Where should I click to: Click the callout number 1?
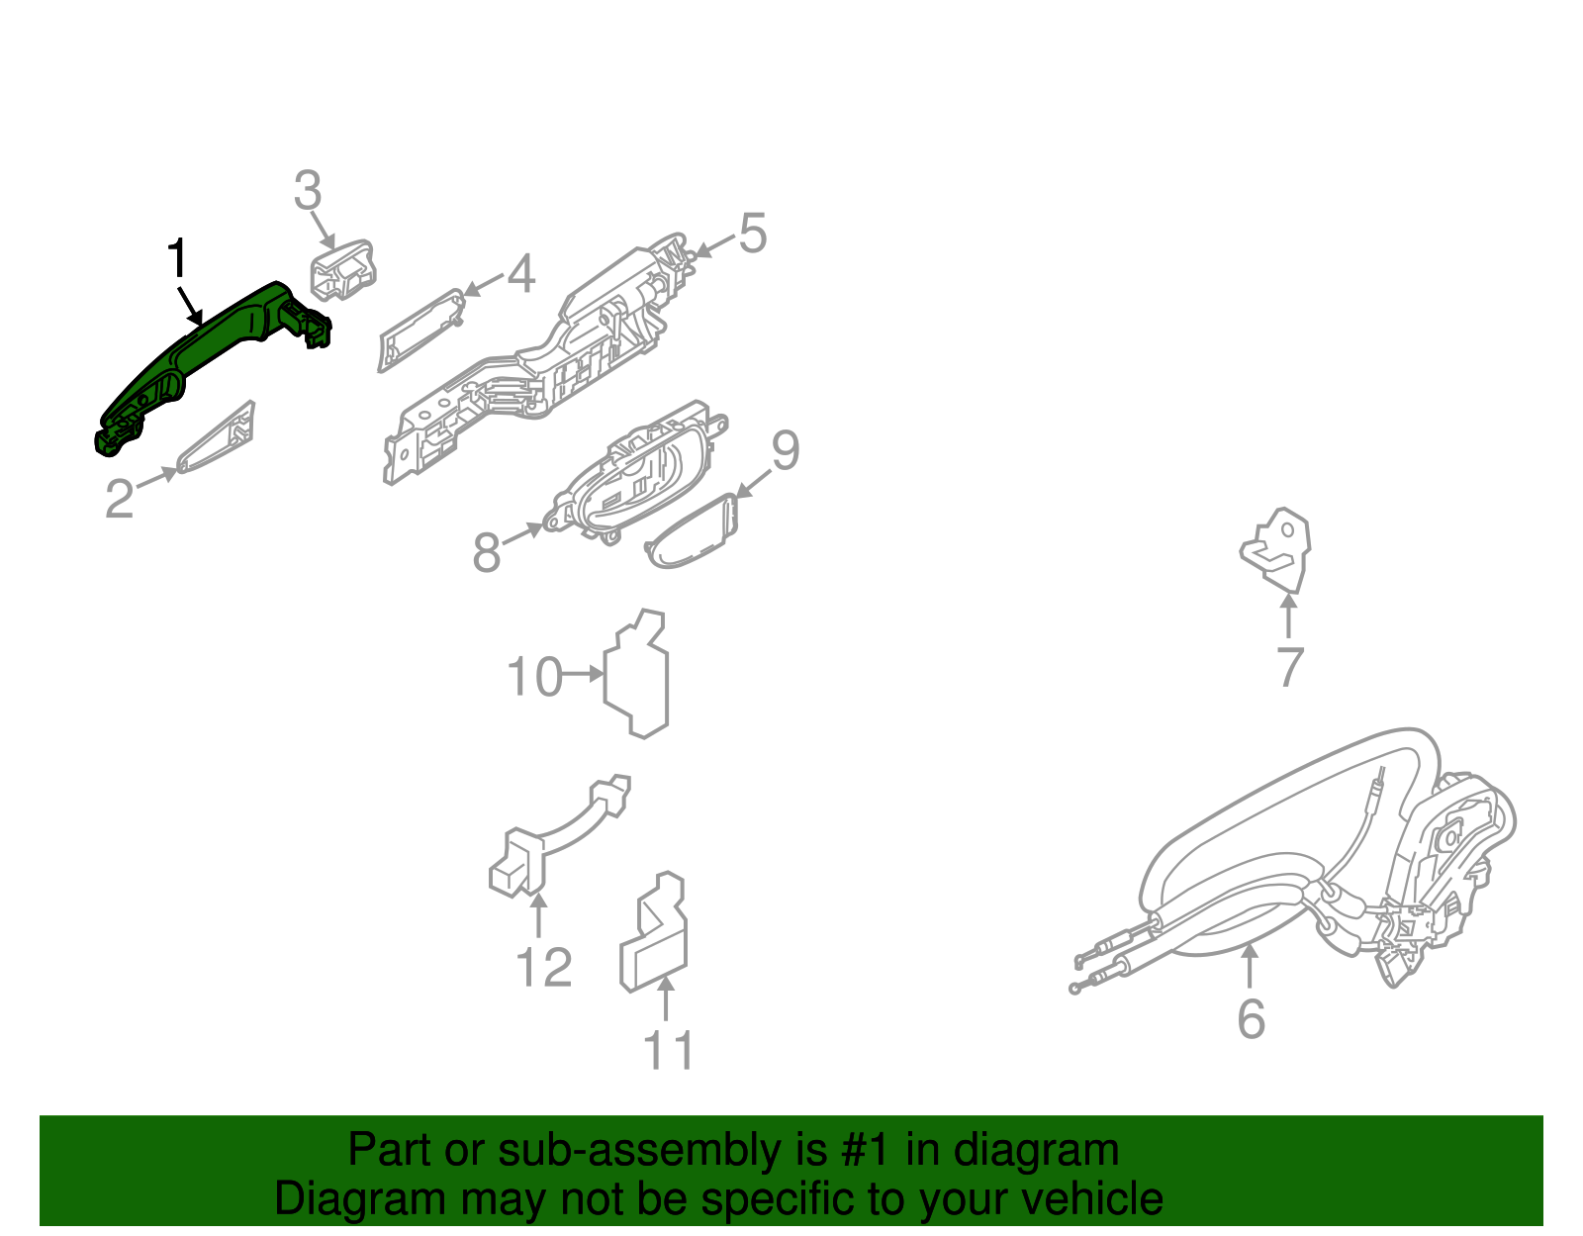[177, 258]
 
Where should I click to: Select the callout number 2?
[120, 499]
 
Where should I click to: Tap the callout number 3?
[308, 190]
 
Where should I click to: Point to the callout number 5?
[753, 234]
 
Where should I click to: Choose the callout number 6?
[1251, 1019]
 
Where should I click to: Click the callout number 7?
[1290, 666]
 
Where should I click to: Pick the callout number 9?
[786, 449]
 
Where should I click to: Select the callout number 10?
[534, 677]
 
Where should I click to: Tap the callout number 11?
[668, 1050]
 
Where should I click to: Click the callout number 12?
[543, 967]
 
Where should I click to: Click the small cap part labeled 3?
[343, 269]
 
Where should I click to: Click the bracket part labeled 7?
[1276, 550]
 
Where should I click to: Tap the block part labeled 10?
[636, 674]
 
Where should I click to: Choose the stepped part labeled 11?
[653, 931]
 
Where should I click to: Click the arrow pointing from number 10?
[583, 675]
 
